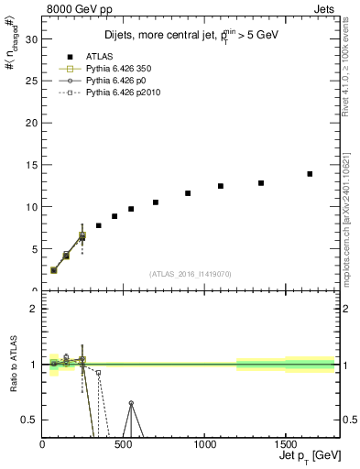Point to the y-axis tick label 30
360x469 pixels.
click(x=31, y=39)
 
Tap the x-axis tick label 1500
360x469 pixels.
click(x=285, y=445)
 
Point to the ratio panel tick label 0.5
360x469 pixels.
click(x=28, y=420)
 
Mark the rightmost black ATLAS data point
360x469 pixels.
click(x=310, y=173)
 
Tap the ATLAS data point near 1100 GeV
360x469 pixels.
click(x=221, y=186)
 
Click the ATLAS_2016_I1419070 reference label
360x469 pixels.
click(x=191, y=274)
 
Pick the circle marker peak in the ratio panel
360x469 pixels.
click(x=131, y=403)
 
